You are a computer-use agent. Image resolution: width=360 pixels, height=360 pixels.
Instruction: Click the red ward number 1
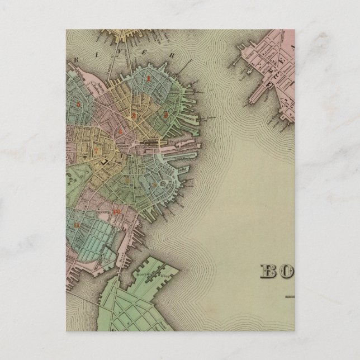coord(148,79)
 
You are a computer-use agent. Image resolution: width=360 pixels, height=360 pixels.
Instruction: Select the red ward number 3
coord(133,116)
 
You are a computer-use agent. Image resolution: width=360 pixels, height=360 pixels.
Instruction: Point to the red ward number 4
coord(120,130)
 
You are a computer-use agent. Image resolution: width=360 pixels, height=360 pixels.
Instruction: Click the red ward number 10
coord(116,211)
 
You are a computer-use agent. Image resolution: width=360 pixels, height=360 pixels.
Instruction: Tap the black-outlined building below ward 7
coord(104,162)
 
